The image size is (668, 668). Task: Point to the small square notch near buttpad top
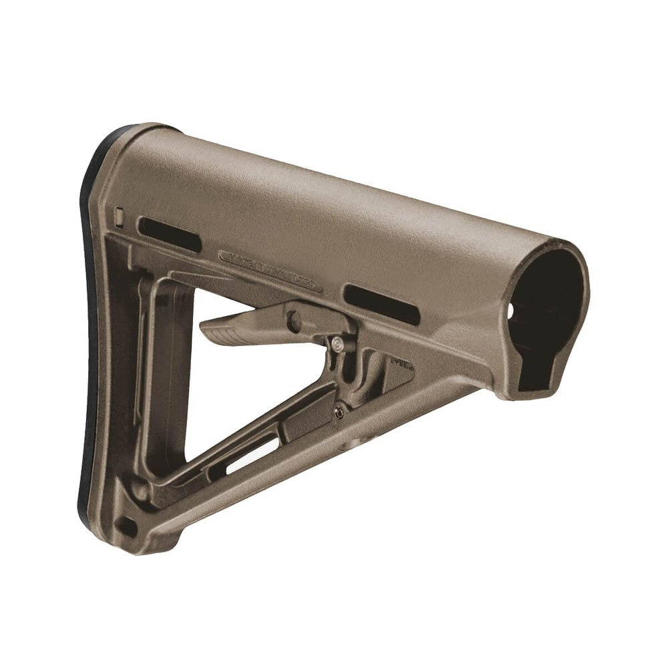point(120,216)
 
